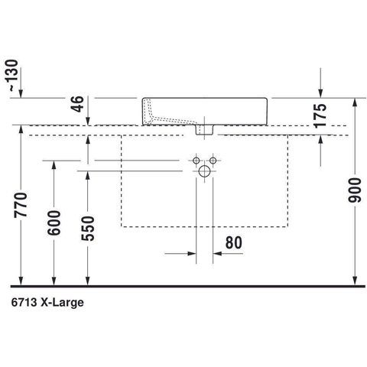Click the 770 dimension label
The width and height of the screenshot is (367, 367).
click(21, 205)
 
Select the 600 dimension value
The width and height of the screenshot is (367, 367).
click(54, 223)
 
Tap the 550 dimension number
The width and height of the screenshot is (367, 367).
click(88, 229)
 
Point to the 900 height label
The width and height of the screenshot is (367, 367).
click(355, 190)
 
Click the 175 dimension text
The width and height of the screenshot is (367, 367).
click(320, 115)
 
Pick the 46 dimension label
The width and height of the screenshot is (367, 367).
click(77, 104)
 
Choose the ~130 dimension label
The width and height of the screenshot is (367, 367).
click(11, 76)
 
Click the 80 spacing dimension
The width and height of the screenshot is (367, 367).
click(234, 242)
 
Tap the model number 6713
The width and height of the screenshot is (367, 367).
click(24, 303)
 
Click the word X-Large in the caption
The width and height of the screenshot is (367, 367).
click(62, 303)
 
